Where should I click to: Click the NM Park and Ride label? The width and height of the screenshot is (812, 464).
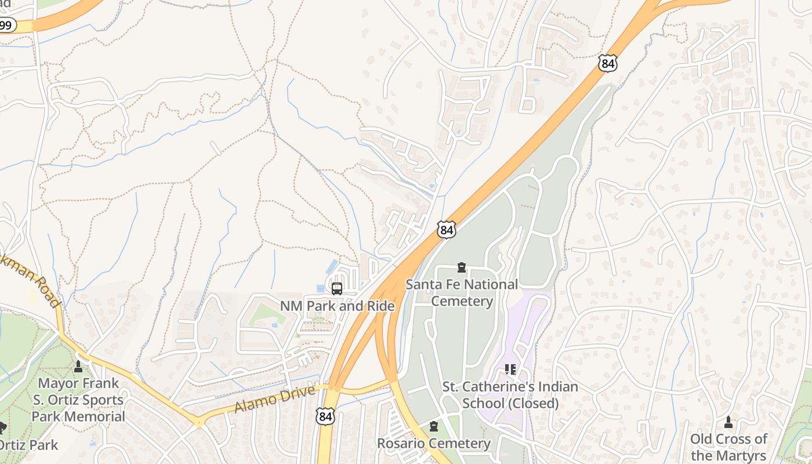tap(337, 306)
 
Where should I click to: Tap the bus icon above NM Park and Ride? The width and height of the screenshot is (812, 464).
tap(337, 288)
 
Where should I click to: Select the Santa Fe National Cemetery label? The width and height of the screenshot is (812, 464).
tap(462, 292)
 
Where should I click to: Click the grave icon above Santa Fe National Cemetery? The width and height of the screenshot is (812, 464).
tap(462, 267)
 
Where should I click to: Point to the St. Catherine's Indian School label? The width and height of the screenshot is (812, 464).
tap(510, 394)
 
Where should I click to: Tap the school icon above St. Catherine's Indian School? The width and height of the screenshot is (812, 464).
tap(510, 369)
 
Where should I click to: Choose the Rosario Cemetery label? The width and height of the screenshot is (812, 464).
tap(434, 444)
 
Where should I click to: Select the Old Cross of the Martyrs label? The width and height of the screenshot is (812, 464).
tap(728, 447)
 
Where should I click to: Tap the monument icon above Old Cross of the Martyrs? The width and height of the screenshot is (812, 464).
tap(728, 422)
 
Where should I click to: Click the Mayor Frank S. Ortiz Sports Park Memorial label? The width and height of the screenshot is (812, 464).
tap(78, 400)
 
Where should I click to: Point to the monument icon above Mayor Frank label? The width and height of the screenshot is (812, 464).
tap(78, 367)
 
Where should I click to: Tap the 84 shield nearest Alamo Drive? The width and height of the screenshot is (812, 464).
tap(325, 415)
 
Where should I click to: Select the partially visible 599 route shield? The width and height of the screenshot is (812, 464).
tap(6, 25)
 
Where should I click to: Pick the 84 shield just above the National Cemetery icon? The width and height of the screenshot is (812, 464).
tap(447, 229)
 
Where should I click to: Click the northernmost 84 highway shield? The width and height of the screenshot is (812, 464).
tap(607, 63)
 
